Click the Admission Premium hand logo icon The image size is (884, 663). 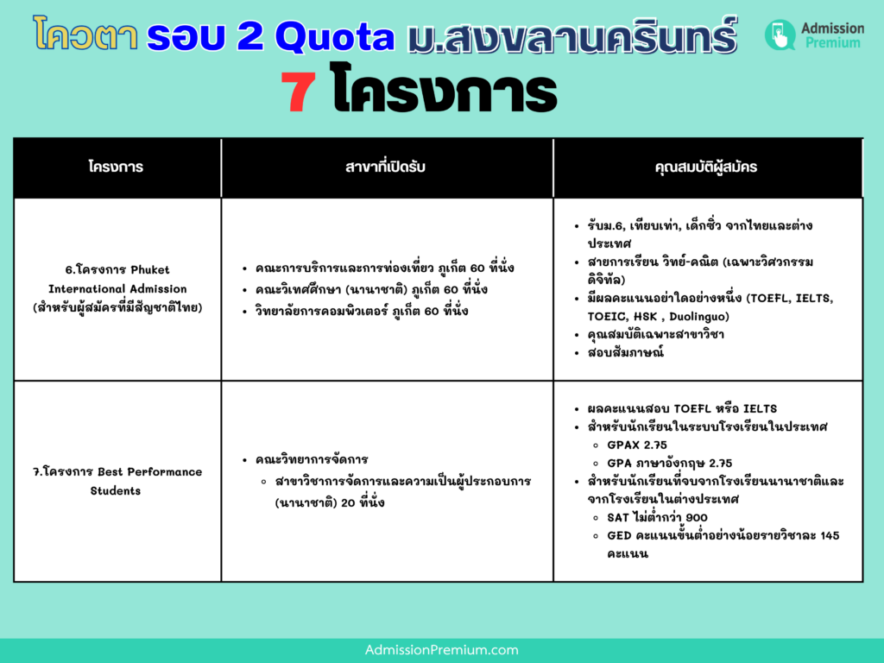[x=780, y=35]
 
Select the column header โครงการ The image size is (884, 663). [x=116, y=167]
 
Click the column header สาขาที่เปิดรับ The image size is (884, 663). [x=386, y=167]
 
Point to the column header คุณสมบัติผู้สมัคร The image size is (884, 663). [x=706, y=167]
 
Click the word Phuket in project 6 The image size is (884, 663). [x=149, y=269]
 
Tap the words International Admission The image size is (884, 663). [x=117, y=288]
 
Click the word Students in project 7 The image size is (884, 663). [x=116, y=490]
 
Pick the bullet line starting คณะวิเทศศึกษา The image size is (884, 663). [x=371, y=290]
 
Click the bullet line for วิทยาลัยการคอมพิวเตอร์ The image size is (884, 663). [x=362, y=311]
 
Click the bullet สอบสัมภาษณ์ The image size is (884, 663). [x=625, y=353]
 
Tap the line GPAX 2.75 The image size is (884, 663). [x=637, y=445]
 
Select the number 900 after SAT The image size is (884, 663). [x=697, y=518]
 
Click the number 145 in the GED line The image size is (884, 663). [x=830, y=535]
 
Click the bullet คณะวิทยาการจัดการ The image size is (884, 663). [x=311, y=460]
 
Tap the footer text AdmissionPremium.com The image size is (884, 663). [x=441, y=650]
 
